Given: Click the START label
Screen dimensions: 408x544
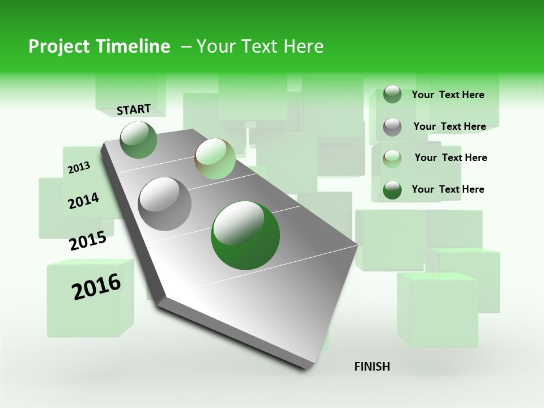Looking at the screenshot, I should pos(134,109).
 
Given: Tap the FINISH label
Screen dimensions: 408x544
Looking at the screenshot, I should pos(372,367).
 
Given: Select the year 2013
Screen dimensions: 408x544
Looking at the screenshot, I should pos(79,167).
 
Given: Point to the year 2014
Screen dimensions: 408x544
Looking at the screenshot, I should pos(83,201).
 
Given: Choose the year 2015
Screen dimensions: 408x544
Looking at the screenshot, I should pos(88,241).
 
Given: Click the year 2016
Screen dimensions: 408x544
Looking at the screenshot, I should pos(96,287).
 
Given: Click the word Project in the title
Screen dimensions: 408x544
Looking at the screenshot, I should pos(57,46).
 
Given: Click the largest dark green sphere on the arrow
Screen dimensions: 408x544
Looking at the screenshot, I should pos(245,235).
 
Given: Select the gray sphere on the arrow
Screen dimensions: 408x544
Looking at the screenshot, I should pos(165,204).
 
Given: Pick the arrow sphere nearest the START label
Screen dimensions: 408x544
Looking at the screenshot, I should pos(139,140).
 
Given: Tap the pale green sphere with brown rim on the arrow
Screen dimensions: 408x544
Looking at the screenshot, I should pos(215,159).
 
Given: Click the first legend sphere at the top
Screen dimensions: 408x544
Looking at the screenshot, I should pos(392,95).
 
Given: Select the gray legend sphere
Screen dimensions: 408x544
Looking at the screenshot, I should pos(392,127).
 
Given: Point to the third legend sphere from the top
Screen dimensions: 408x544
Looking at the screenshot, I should pos(392,158).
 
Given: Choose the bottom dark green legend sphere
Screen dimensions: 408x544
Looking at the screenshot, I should pos(392,190).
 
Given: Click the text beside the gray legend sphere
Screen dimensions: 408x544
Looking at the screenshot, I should pos(449,126).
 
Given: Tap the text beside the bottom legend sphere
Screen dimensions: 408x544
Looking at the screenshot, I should pos(448,189).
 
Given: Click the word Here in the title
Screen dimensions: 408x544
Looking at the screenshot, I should pos(303,46).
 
